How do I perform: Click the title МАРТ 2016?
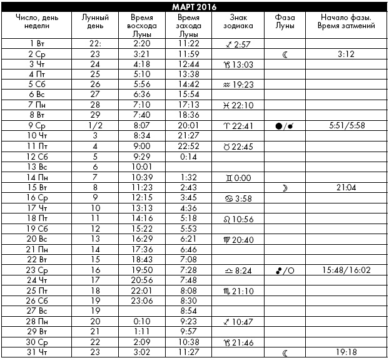(194, 6)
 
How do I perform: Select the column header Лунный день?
(95, 23)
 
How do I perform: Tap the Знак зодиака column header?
(238, 23)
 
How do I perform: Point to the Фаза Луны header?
(285, 23)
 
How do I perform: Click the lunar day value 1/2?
(95, 125)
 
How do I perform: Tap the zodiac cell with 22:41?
(238, 125)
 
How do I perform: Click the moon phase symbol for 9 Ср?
(285, 125)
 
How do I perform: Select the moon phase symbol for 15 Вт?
(285, 187)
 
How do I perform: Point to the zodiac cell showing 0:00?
(238, 177)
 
